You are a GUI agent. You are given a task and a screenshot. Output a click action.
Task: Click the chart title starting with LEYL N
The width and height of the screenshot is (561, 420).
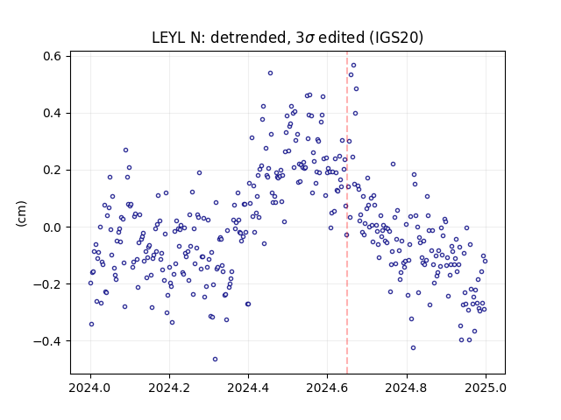coord(288,38)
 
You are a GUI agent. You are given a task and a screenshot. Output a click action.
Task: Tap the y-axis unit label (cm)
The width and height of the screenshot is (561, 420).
coord(21,213)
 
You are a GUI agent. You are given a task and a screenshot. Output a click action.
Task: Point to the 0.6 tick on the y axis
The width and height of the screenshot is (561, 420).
coord(53,56)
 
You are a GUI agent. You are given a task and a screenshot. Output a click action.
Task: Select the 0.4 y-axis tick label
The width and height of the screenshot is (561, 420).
coord(53,113)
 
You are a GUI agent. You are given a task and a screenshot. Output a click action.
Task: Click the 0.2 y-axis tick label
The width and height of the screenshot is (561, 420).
coord(53,170)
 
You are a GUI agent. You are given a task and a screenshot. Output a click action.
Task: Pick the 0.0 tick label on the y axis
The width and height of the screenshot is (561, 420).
coord(53,227)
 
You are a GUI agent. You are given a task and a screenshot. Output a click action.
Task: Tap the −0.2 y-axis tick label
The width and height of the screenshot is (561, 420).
coord(48,283)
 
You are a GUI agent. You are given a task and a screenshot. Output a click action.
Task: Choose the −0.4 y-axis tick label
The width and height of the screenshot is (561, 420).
coord(48,341)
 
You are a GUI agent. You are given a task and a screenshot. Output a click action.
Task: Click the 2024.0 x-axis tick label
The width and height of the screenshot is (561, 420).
coord(90,388)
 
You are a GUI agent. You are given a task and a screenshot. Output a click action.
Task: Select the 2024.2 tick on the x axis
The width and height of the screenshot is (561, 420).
coord(169,388)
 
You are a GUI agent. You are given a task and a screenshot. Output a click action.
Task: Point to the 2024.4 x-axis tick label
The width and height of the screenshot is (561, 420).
coord(248,388)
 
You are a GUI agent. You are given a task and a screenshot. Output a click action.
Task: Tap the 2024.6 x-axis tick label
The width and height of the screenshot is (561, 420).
coord(327,388)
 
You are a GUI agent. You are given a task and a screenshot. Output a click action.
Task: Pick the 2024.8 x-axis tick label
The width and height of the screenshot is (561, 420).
coord(407,388)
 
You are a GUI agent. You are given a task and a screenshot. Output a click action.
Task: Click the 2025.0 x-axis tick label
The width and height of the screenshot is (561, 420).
coord(486,388)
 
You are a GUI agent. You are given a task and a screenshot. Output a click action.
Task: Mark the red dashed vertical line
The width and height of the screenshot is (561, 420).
coord(347,213)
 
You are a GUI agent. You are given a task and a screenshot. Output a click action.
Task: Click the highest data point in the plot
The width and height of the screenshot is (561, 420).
coord(353,65)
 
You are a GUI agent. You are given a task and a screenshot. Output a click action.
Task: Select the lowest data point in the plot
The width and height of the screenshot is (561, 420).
coord(215,359)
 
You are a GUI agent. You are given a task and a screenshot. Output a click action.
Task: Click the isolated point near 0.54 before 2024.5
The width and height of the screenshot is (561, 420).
coord(271,73)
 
